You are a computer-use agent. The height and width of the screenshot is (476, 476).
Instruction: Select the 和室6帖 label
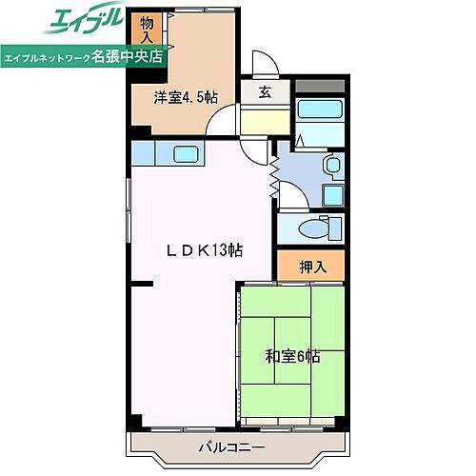pos(291,357)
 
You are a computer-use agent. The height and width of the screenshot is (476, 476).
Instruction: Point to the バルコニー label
pos(231,446)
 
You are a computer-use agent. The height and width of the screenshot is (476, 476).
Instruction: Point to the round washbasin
pos(332,168)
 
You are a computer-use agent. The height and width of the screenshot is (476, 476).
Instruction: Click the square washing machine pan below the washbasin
pos(332,196)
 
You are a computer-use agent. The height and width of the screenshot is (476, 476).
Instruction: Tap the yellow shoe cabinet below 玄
pos(263,122)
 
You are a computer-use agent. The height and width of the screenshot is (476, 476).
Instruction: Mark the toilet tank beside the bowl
pos(334,228)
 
